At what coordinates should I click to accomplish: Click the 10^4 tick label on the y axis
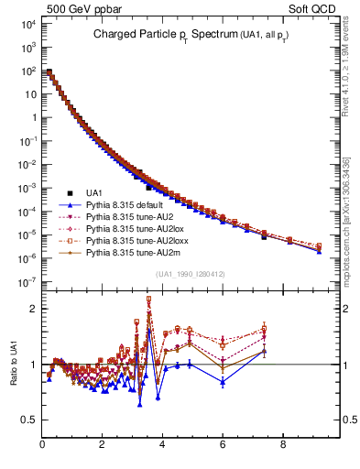point(27,25)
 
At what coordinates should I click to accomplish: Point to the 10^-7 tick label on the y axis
point(27,282)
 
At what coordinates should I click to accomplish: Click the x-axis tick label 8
point(282,446)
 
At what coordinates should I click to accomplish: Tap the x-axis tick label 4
point(162,446)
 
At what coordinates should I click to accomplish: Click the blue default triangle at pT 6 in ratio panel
point(223,382)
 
